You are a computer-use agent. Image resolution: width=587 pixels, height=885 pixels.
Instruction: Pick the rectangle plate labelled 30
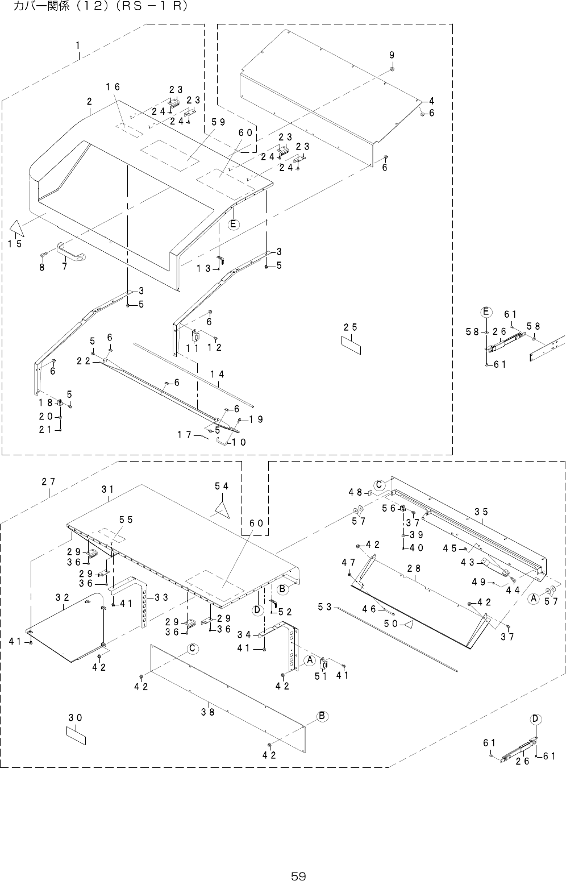(76, 735)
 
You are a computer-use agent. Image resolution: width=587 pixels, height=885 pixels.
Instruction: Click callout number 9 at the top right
(392, 55)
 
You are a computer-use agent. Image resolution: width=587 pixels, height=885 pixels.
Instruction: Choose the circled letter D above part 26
(535, 718)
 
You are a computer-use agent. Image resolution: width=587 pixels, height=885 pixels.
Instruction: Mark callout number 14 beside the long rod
(217, 374)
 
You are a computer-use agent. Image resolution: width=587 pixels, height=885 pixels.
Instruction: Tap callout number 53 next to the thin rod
(324, 608)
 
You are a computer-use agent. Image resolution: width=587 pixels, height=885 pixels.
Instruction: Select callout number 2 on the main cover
(90, 102)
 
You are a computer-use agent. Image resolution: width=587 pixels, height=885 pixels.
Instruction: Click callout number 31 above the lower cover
(108, 489)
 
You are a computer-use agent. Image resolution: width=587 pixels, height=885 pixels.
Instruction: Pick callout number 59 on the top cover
(218, 121)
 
